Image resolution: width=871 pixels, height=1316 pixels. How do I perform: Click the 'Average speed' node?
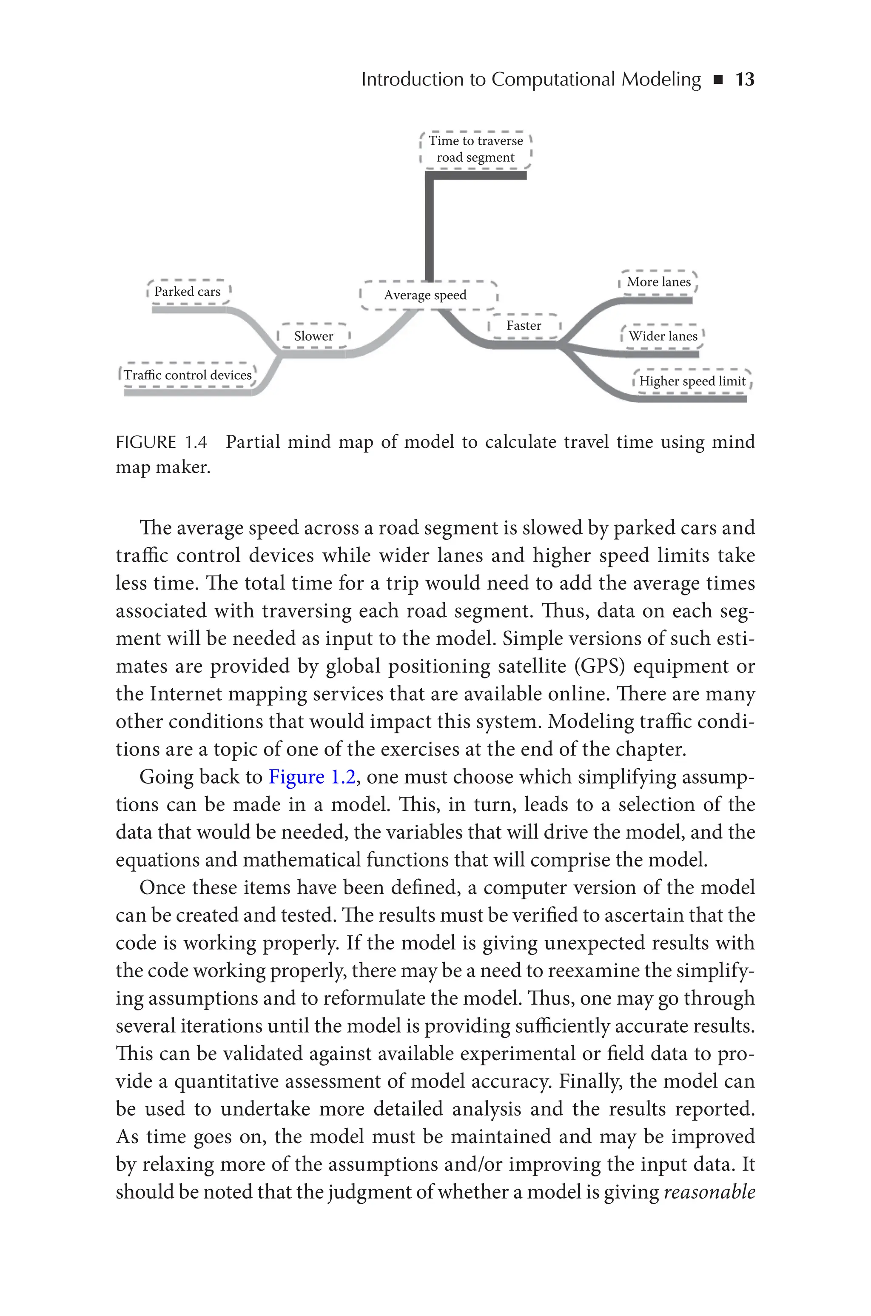click(x=425, y=295)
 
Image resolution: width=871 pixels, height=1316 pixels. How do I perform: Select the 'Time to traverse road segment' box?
click(x=475, y=149)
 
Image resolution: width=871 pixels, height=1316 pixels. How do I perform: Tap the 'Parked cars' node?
click(x=187, y=292)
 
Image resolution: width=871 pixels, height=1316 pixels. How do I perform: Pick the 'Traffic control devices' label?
click(x=187, y=375)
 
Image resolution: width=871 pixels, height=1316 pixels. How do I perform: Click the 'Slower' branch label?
click(x=313, y=336)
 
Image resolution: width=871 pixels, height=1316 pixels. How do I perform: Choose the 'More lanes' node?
click(x=658, y=282)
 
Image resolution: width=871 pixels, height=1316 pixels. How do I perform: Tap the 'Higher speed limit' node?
click(x=692, y=381)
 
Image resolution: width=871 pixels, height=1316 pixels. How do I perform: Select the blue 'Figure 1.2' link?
click(x=312, y=776)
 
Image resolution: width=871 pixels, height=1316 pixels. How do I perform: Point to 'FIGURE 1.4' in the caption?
click(x=161, y=442)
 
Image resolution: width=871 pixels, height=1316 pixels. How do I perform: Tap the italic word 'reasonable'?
click(x=709, y=1192)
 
